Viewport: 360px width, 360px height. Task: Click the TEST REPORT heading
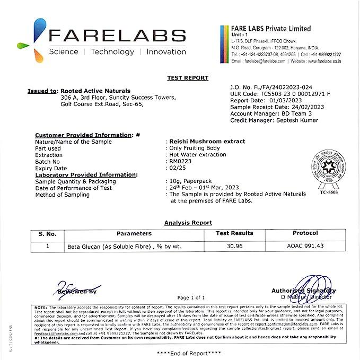188,78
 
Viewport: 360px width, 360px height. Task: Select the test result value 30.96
234,247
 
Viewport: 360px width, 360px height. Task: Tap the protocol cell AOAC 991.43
305,247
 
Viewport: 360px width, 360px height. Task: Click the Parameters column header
134,233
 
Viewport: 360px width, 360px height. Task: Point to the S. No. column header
47,233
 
